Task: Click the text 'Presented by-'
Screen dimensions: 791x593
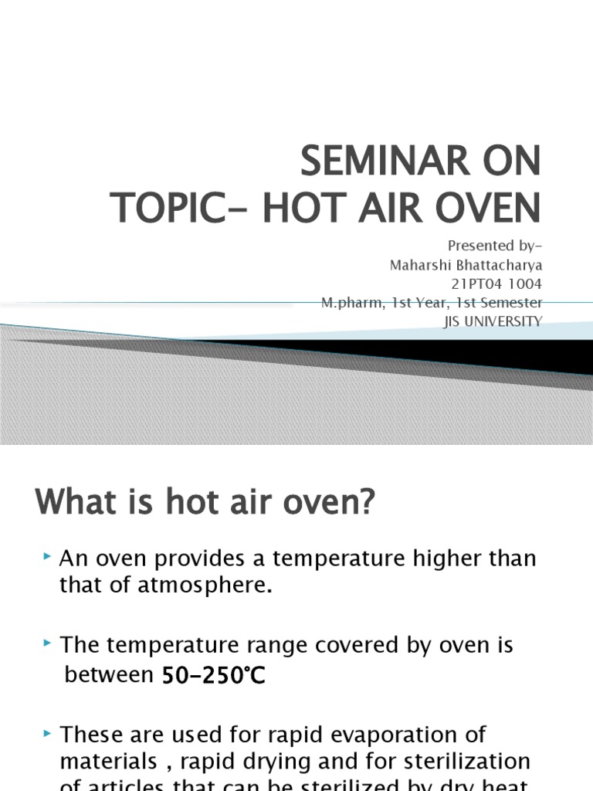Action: click(495, 246)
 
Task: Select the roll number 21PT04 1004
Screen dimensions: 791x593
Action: click(496, 283)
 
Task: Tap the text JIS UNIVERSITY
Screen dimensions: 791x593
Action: click(493, 321)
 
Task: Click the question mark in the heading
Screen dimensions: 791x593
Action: click(365, 503)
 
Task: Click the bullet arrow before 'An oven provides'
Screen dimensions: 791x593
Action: click(48, 556)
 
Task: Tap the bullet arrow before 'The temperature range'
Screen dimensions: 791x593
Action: click(48, 643)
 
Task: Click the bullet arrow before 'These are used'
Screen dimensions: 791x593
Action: click(48, 732)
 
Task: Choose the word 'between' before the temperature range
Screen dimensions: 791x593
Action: click(109, 674)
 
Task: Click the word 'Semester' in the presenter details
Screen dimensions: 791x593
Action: click(513, 303)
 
